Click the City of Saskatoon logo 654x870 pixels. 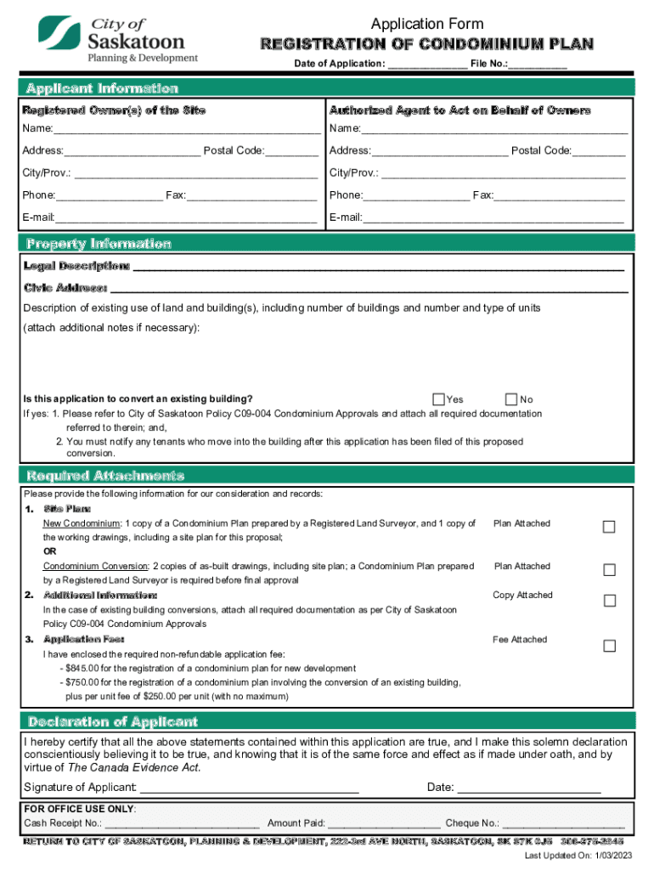coord(118,40)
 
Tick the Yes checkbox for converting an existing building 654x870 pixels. coord(438,399)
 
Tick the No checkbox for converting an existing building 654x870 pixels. coord(510,399)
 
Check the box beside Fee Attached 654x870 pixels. coord(609,647)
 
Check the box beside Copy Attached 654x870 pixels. coord(609,602)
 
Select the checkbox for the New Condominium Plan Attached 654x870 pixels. coord(609,528)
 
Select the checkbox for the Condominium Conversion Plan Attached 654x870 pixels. coord(609,570)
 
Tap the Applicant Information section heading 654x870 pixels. coord(102,88)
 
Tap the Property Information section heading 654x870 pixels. coord(99,244)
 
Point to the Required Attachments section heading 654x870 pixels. coord(105,475)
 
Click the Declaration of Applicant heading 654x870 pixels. coord(113,721)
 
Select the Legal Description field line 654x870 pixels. coord(379,267)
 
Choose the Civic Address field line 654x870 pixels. coord(369,289)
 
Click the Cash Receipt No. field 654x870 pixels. coord(182,824)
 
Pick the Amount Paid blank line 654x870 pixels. coord(384,824)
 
